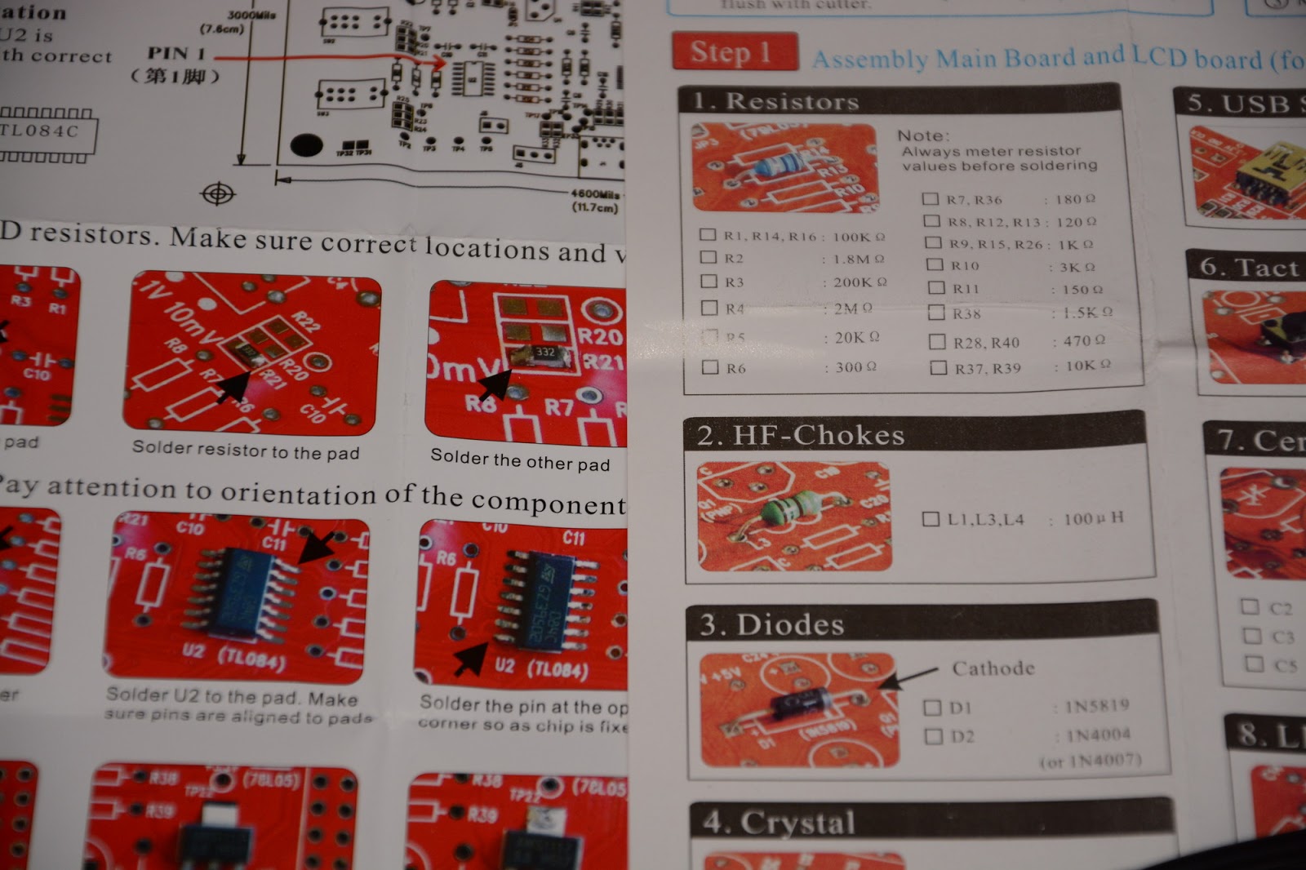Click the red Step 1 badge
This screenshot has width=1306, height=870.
[734, 52]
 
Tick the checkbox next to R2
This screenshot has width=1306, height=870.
[709, 257]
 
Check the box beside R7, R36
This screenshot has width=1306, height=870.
[930, 198]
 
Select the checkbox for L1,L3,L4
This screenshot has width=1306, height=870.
[930, 519]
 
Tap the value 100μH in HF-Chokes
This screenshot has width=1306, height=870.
[1094, 518]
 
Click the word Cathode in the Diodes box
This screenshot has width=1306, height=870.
[993, 668]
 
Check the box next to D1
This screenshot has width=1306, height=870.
[932, 708]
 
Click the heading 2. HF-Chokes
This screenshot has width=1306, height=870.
[801, 436]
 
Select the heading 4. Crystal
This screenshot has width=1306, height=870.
[780, 823]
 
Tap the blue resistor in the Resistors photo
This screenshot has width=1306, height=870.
[775, 166]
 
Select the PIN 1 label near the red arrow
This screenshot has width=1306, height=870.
[176, 54]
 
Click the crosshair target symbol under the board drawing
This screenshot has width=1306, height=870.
[218, 194]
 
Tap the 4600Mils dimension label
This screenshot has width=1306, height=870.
[595, 194]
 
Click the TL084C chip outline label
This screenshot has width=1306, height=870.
[41, 131]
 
